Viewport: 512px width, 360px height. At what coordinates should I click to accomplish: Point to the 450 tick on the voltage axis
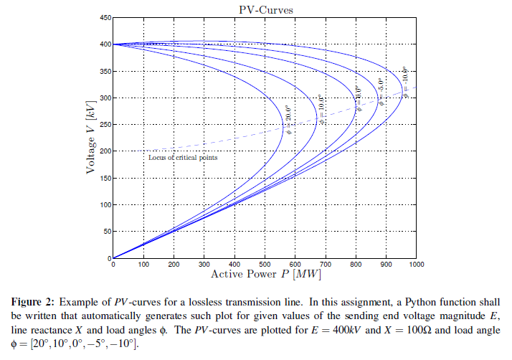[105, 17]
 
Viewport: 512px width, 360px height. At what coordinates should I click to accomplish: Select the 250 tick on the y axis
[105, 125]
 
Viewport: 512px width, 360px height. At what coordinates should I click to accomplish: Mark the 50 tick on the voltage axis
[107, 232]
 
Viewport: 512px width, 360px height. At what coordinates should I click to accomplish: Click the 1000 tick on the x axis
[415, 265]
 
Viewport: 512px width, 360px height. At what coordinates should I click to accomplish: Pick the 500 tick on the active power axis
[265, 265]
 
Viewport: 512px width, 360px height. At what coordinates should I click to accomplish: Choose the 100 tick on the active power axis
[143, 265]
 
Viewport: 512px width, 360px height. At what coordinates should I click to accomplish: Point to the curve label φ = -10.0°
[404, 82]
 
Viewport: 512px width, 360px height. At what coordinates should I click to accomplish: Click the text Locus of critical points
[182, 157]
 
